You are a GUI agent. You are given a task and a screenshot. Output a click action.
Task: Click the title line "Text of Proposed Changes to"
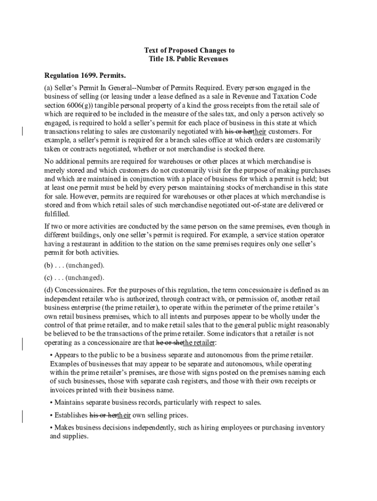[x=188, y=50]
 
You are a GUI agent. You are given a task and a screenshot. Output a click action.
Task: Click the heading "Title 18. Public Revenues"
[x=188, y=59]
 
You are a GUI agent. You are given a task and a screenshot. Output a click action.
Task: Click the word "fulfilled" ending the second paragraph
[x=56, y=214]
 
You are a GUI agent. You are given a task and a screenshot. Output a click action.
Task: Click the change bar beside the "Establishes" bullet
[x=23, y=416]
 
